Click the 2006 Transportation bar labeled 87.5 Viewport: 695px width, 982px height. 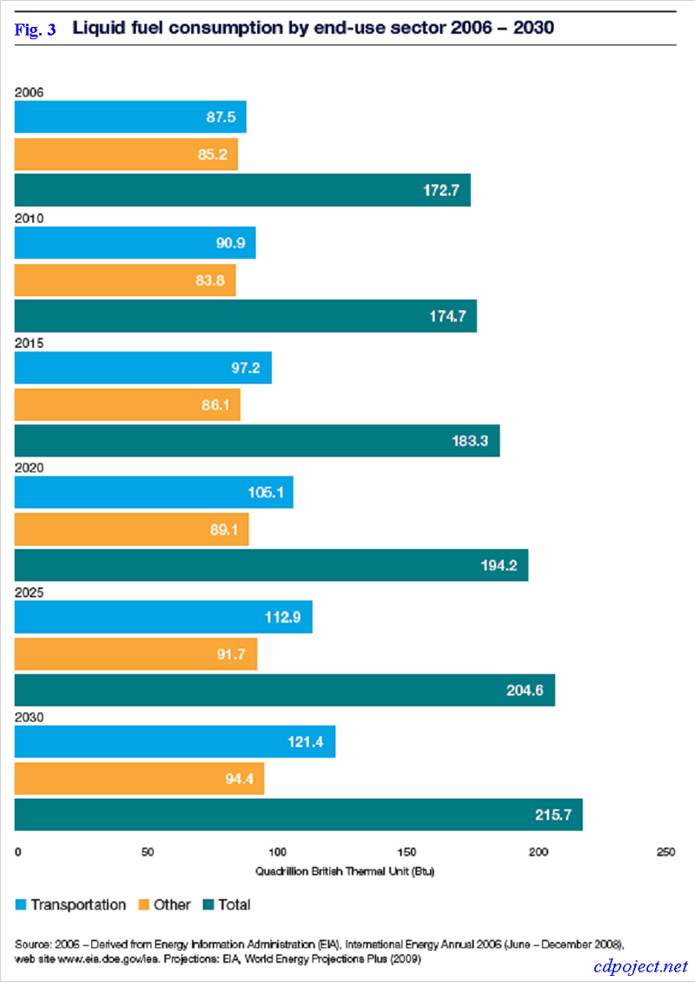click(x=130, y=117)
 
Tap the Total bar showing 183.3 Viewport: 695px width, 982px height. click(x=257, y=440)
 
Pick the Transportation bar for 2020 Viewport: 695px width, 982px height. click(x=154, y=492)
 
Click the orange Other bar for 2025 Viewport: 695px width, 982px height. click(x=136, y=654)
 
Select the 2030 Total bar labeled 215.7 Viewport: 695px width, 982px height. click(x=298, y=814)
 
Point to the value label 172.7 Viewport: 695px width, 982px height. click(x=440, y=190)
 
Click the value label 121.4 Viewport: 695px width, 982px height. click(x=306, y=742)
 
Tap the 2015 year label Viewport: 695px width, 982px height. click(x=29, y=343)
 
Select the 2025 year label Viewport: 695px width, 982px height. click(x=29, y=592)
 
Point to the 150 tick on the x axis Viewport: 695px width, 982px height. click(x=407, y=852)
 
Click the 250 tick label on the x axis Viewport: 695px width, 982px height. click(x=666, y=852)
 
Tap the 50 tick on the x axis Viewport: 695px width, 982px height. click(x=148, y=852)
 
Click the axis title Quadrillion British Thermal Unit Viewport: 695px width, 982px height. click(x=344, y=871)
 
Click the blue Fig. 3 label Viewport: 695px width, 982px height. click(x=36, y=30)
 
